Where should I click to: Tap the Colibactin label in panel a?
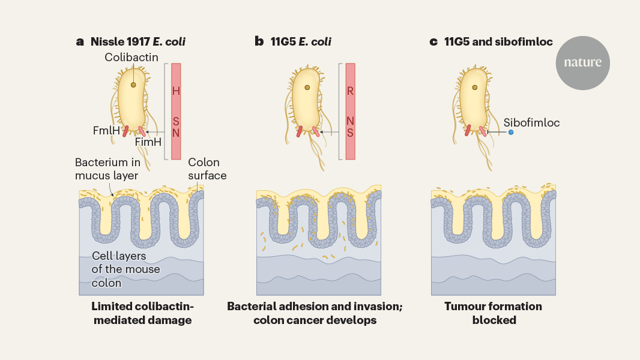tap(131, 57)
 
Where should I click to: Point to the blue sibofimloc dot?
tap(511, 132)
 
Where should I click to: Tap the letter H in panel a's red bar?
tap(176, 91)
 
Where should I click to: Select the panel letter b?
tap(259, 41)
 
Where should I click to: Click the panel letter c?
tap(433, 41)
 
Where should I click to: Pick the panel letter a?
tap(80, 41)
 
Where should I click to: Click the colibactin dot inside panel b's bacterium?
tap(307, 88)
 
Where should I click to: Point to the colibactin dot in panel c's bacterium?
tap(475, 88)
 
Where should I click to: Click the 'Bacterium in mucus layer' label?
tap(108, 169)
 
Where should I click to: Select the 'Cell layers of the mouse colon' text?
tap(126, 269)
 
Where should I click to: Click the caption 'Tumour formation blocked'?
tap(494, 313)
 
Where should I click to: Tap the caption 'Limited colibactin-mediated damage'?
tap(142, 313)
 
